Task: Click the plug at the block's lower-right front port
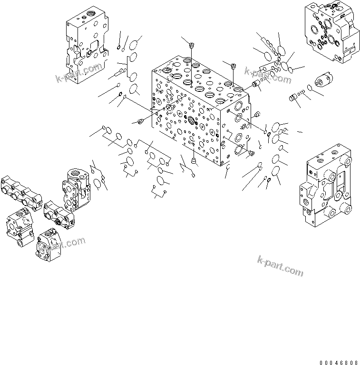coord(252,153)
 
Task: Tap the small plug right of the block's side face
coord(258,114)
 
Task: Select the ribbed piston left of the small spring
coord(294,98)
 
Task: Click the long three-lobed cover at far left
coord(21,192)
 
